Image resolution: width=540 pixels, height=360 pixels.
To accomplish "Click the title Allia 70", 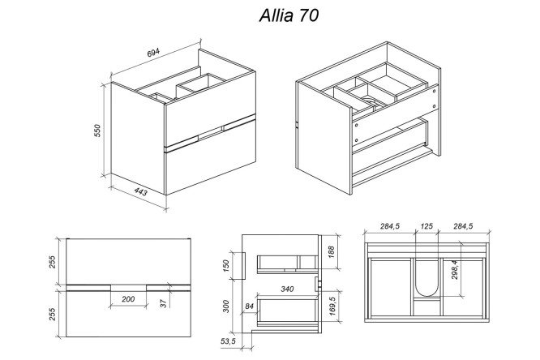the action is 289,15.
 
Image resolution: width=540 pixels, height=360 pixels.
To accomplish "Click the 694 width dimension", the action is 153,53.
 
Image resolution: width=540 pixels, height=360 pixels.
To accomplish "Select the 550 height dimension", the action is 97,131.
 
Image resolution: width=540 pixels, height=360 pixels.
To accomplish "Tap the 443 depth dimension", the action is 140,191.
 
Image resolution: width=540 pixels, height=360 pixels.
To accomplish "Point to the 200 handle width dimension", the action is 128,299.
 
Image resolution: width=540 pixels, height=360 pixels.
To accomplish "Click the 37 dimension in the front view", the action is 164,303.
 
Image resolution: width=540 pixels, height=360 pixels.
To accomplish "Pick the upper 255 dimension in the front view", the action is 52,262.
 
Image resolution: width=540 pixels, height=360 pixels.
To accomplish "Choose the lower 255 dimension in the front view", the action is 52,314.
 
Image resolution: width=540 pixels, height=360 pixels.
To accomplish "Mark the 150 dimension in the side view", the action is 226,266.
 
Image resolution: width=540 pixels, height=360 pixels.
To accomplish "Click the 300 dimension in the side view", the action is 226,306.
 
